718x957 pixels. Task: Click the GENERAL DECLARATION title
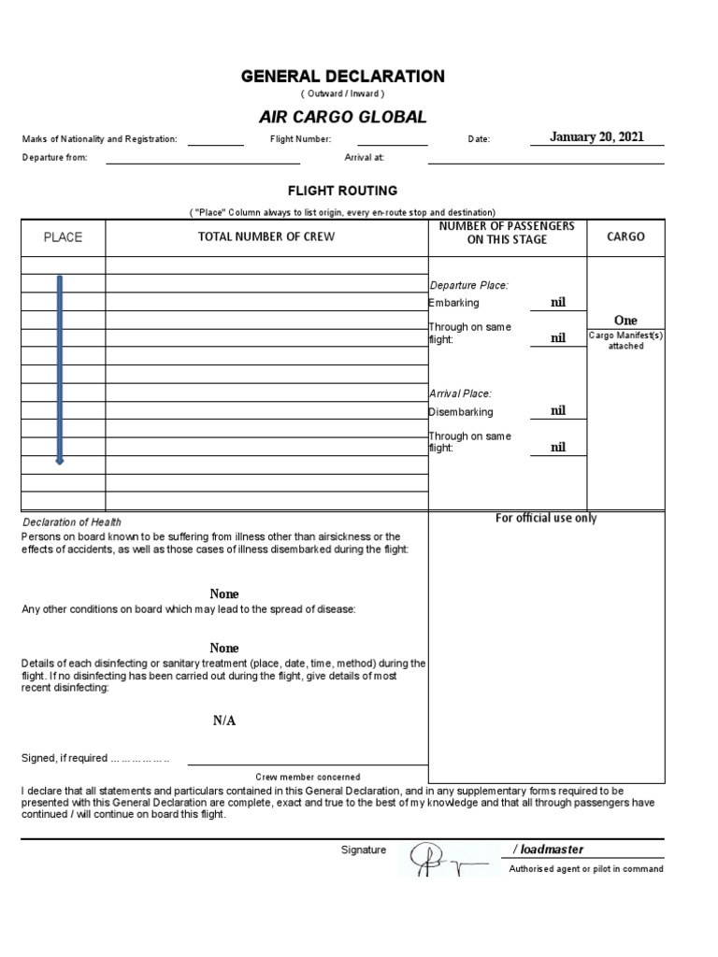pos(343,77)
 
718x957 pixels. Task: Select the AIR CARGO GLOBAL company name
pos(342,118)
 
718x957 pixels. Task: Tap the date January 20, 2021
pos(596,137)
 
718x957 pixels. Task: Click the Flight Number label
pos(301,139)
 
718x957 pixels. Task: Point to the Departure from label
pos(55,158)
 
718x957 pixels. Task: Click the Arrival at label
pos(365,158)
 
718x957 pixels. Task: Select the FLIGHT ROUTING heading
pos(342,191)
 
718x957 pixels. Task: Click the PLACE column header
pos(64,237)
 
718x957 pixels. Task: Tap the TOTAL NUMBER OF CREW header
pos(266,237)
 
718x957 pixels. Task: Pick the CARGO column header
pos(625,237)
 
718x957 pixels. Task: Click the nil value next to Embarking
pos(558,303)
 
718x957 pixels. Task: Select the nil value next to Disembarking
pos(558,411)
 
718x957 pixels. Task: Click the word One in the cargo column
pos(625,321)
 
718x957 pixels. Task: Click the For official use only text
pos(546,519)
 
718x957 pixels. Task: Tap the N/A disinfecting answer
pos(223,721)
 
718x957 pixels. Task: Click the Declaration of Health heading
pos(72,522)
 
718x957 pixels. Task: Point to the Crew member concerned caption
pos(308,777)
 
